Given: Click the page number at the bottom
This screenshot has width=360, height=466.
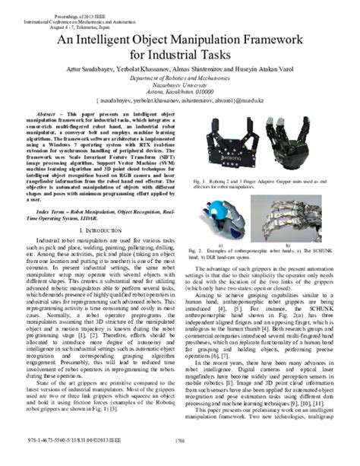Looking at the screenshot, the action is click(x=179, y=458).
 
